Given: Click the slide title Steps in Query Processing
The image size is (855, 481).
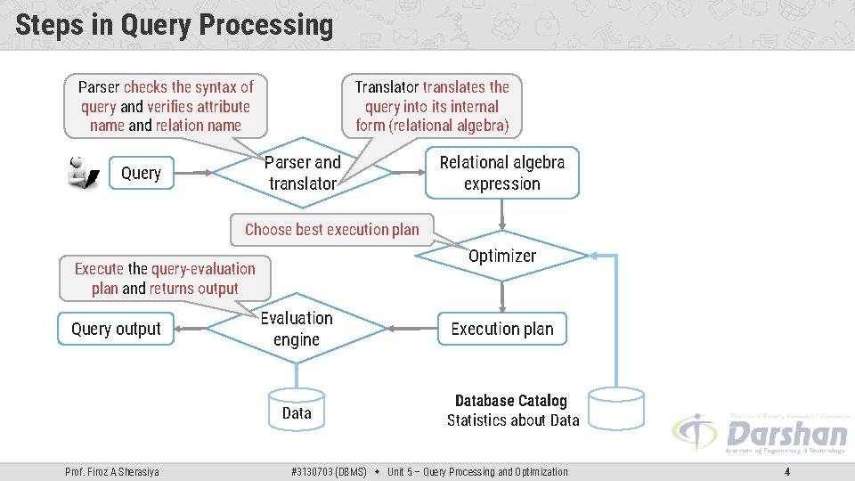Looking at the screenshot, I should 174,25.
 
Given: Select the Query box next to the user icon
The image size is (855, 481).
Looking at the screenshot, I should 141,174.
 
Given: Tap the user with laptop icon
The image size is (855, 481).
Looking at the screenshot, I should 83,173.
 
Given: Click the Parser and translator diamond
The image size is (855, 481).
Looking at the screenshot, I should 303,173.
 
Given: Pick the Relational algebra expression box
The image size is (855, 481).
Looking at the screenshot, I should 501,173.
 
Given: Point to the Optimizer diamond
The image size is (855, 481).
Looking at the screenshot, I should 502,256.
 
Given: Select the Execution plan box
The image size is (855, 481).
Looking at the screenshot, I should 501,329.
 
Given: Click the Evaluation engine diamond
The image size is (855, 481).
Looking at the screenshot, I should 297,329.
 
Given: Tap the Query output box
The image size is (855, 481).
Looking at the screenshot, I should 116,329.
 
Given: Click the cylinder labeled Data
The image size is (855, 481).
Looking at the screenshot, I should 297,411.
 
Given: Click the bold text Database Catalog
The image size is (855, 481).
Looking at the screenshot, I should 510,401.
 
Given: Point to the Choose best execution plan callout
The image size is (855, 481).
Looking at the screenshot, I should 331,229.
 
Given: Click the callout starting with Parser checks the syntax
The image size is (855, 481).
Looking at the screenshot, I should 166,106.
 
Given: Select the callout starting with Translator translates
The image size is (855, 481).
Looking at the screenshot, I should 432,106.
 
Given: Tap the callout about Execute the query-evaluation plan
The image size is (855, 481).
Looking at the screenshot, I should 165,278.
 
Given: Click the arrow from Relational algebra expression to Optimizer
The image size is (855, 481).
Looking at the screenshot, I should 502,214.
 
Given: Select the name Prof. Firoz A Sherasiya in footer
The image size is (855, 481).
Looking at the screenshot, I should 112,472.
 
